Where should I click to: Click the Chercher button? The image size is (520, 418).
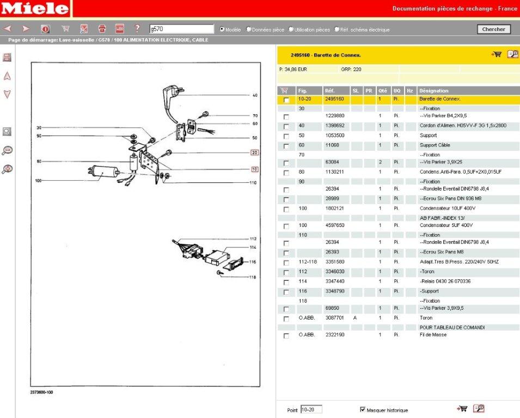[x=493, y=29]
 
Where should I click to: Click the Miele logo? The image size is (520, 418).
[x=35, y=9]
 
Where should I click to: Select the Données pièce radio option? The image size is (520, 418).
[x=249, y=29]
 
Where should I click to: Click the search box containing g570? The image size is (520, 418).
[x=181, y=29]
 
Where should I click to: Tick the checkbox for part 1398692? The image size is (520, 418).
[x=286, y=126]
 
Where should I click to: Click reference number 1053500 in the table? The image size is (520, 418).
[x=334, y=136]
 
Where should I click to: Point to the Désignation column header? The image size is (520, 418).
[x=434, y=90]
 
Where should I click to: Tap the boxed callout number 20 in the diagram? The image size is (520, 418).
[x=254, y=152]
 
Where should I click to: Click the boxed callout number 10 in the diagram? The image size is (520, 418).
[x=254, y=169]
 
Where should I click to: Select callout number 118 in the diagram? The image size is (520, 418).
[x=253, y=278]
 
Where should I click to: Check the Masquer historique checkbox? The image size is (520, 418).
[x=363, y=410]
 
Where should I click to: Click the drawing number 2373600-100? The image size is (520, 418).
[x=42, y=392]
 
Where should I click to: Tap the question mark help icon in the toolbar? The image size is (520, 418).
[x=137, y=29]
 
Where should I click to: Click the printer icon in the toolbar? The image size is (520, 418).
[x=101, y=29]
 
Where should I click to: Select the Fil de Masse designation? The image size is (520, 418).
[x=433, y=335]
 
